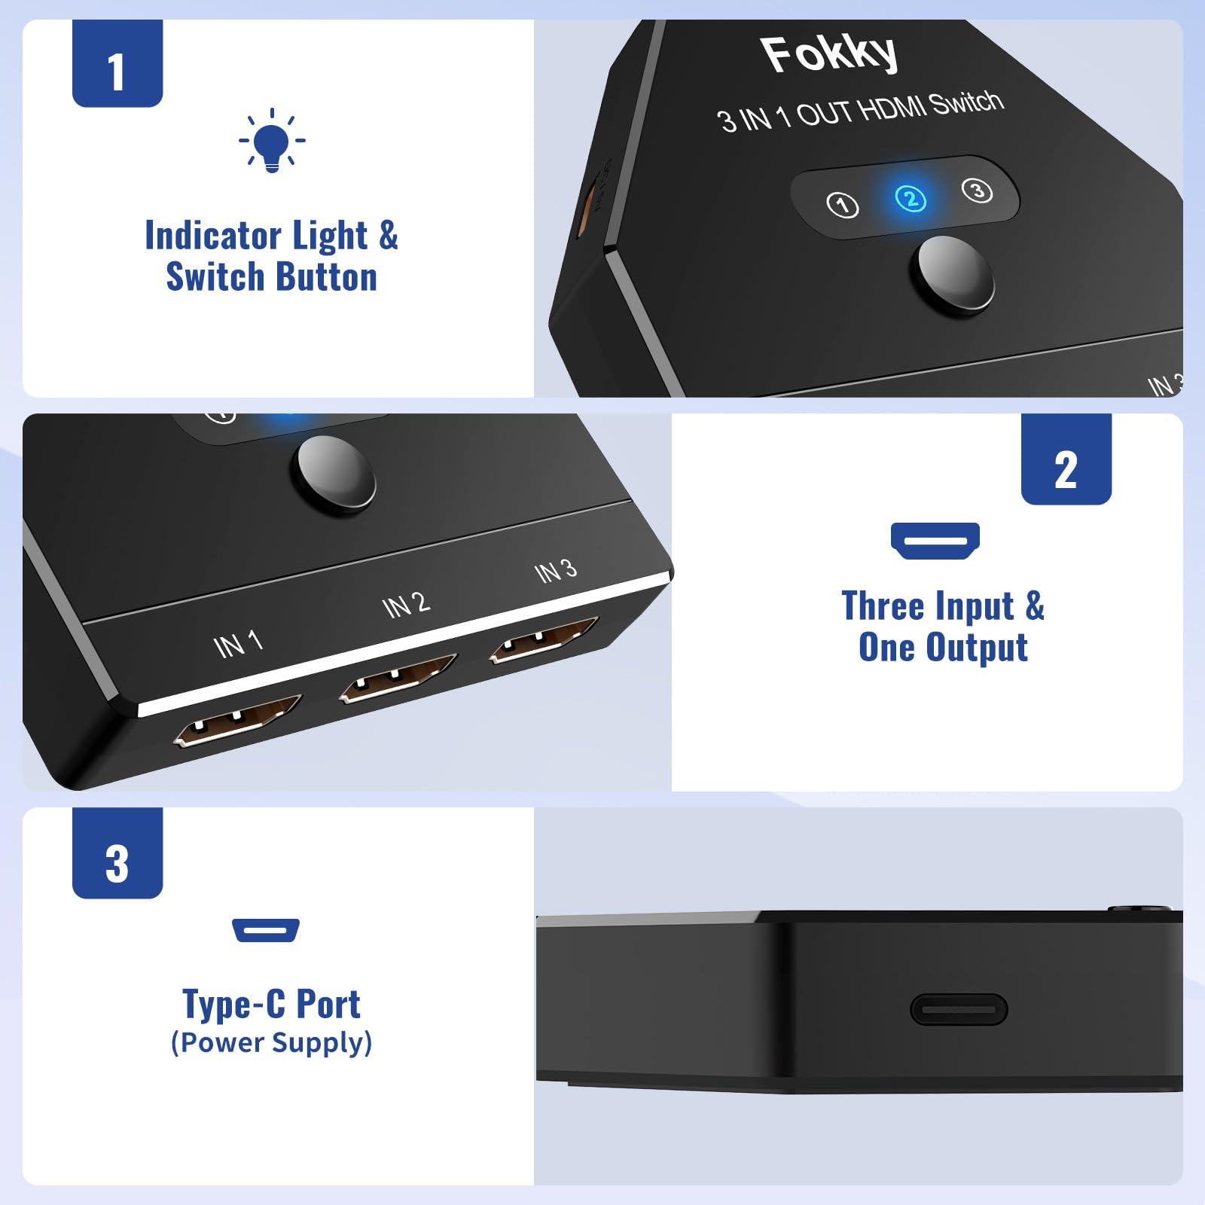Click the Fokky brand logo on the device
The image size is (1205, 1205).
pyautogui.click(x=828, y=54)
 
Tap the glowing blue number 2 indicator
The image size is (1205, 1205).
pyautogui.click(x=911, y=198)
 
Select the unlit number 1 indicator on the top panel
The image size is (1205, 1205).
pyautogui.click(x=842, y=204)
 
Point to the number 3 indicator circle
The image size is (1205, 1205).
pyautogui.click(x=977, y=191)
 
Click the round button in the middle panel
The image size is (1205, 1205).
pyautogui.click(x=336, y=475)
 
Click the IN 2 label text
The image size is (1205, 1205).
pyautogui.click(x=406, y=605)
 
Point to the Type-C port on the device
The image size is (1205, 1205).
pyautogui.click(x=958, y=1009)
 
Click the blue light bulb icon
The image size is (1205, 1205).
pyautogui.click(x=271, y=142)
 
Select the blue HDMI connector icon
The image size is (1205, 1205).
pyautogui.click(x=935, y=541)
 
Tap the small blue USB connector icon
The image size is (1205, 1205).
pyautogui.click(x=266, y=930)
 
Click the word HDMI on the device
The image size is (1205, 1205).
pyautogui.click(x=892, y=109)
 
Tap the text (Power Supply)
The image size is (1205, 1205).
pyautogui.click(x=271, y=1042)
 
